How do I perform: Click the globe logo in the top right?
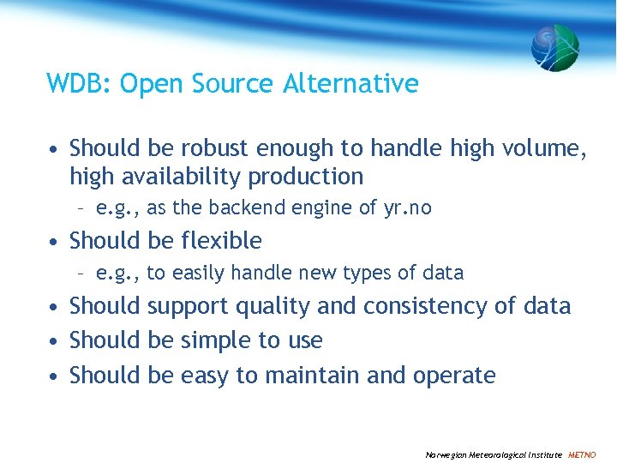(x=555, y=47)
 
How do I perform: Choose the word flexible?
(x=221, y=241)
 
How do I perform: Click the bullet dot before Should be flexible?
(x=54, y=242)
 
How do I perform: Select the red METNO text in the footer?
(x=582, y=454)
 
